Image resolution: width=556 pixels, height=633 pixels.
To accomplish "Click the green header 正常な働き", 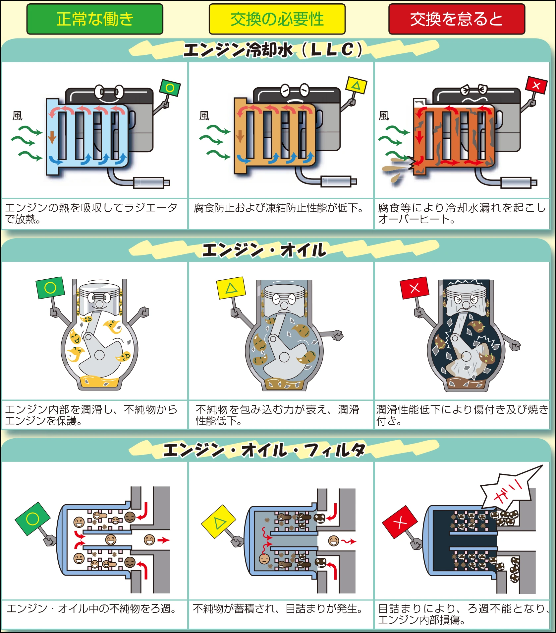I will point(95,19).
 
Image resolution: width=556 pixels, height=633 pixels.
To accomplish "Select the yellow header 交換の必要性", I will point(277,19).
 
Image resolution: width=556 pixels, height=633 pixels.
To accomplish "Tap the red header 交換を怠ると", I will point(457,19).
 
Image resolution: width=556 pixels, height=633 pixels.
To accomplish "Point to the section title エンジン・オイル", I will point(264,250).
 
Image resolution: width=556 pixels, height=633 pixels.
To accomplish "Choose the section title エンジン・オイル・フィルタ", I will point(264,450).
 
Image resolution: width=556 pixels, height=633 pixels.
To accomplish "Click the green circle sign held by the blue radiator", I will point(170,88).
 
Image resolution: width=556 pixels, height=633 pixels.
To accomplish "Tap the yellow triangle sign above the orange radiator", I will point(356,86).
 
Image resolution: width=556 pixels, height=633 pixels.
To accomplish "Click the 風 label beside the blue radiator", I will point(18,116).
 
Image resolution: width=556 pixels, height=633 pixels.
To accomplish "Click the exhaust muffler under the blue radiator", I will point(149,182).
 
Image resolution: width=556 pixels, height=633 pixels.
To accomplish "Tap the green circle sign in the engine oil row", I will point(50,288).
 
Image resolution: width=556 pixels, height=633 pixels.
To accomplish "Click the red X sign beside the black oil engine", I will point(414,288).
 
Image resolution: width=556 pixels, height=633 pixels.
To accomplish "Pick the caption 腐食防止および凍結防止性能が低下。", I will point(278,208).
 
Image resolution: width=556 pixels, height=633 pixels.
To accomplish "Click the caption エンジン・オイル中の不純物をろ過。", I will point(92,609).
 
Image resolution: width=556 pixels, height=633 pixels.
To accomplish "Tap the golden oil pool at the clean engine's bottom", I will point(99,382).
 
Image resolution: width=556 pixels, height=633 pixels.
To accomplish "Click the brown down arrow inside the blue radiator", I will point(52,137).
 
